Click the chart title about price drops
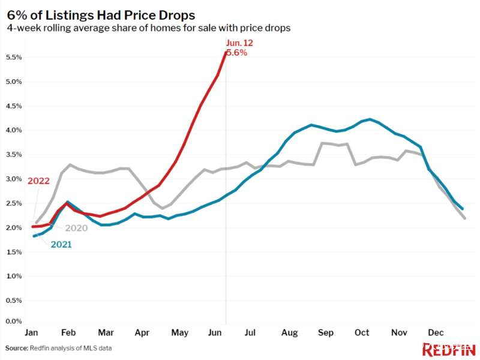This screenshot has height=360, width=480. click(x=101, y=13)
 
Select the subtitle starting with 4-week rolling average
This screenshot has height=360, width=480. click(x=148, y=28)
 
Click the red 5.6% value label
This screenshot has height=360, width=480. click(x=237, y=52)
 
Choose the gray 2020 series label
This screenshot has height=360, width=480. click(x=76, y=228)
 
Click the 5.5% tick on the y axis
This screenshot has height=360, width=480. click(x=14, y=58)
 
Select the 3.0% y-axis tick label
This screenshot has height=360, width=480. click(x=14, y=179)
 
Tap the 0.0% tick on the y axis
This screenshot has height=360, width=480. click(x=14, y=321)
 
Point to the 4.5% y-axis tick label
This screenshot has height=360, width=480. click(x=14, y=106)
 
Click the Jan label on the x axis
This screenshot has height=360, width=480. click(x=32, y=332)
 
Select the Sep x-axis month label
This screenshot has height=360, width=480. click(x=326, y=332)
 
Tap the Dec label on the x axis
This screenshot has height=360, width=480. click(x=436, y=332)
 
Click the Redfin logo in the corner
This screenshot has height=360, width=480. click(x=449, y=349)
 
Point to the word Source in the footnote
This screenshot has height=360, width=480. click(x=16, y=348)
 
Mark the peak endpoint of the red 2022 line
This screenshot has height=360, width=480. click(x=226, y=52)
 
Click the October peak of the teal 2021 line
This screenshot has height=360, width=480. click(x=370, y=119)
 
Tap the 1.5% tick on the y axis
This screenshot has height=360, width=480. click(x=14, y=252)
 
